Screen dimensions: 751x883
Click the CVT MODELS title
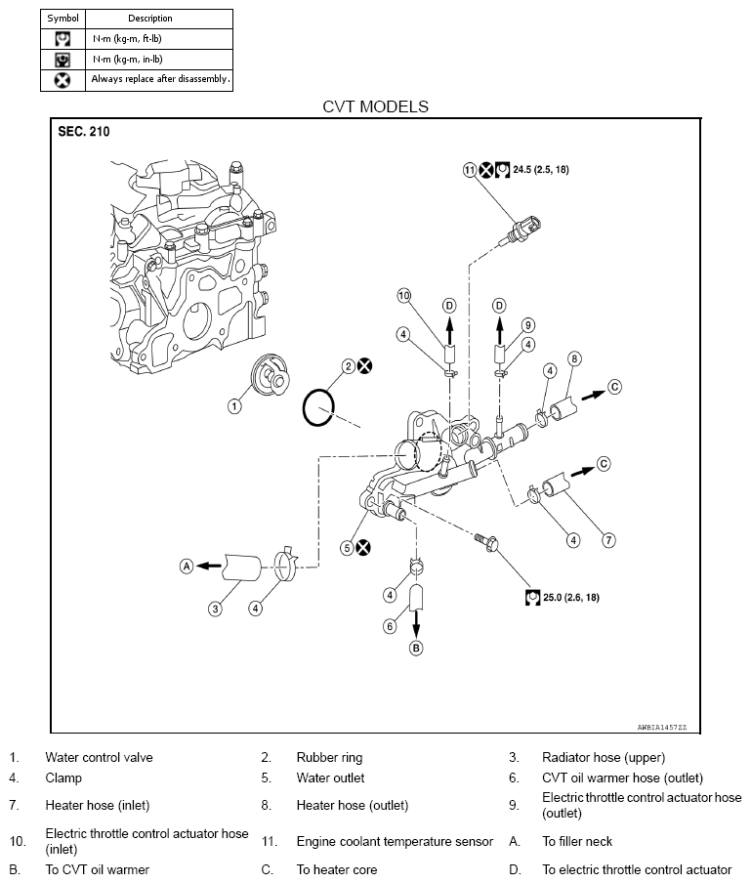click(375, 106)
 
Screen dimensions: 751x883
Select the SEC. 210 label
click(84, 132)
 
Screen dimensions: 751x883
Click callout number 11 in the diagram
click(470, 170)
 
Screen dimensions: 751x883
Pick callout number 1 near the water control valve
click(234, 406)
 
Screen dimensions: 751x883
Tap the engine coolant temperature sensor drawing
click(521, 231)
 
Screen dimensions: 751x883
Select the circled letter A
click(187, 566)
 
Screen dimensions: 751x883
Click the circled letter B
click(416, 649)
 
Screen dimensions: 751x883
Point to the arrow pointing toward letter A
click(209, 566)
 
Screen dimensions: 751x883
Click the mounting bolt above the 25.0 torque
click(486, 542)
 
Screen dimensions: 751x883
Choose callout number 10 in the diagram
click(404, 296)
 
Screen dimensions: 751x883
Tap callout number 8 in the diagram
click(574, 358)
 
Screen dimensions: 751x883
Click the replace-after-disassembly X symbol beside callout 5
click(363, 547)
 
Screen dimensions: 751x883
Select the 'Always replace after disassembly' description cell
click(160, 79)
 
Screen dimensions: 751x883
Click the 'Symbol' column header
click(63, 18)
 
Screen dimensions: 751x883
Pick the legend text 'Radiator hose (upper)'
click(604, 757)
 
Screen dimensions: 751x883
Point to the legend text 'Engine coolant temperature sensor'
click(395, 841)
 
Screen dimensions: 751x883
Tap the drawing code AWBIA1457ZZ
click(661, 727)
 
